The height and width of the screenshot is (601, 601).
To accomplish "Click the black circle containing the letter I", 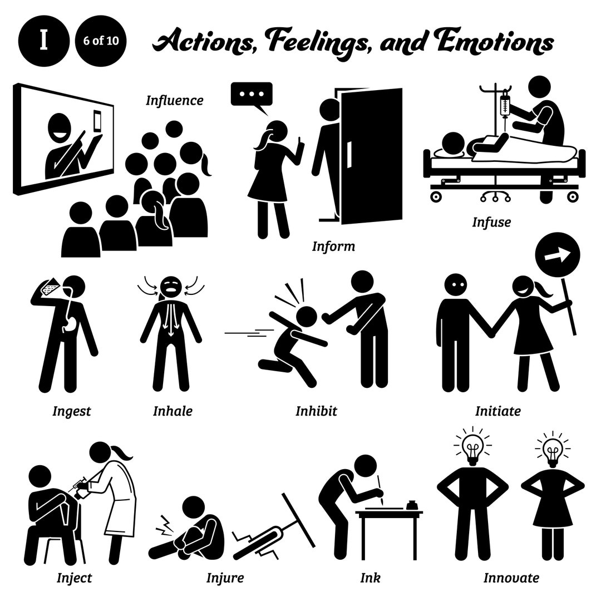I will [x=43, y=42].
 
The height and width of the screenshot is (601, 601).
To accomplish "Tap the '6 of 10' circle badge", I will [x=101, y=42].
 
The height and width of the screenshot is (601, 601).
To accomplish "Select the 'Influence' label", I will [x=174, y=101].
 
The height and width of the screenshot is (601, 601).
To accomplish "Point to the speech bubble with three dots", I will [x=252, y=95].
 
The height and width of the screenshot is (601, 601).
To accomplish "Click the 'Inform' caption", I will [x=333, y=246].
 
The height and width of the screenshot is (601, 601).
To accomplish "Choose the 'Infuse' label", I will [x=491, y=223].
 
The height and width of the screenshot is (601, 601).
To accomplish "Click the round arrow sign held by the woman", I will [x=557, y=257].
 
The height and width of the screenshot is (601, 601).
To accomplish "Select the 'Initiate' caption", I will [x=497, y=411].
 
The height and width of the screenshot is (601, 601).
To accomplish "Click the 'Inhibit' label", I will [x=316, y=411].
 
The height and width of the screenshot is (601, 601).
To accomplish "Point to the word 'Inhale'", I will [x=173, y=411].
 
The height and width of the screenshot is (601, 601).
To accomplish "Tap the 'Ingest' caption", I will [x=71, y=411].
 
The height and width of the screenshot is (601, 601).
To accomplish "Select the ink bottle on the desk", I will [x=412, y=505].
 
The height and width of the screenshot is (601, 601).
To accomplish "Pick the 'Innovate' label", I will [x=510, y=578].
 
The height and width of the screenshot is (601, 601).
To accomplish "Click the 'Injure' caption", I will [x=225, y=578].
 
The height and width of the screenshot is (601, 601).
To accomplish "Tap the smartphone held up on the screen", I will [x=98, y=121].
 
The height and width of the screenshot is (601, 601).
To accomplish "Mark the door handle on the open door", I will [x=349, y=155].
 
